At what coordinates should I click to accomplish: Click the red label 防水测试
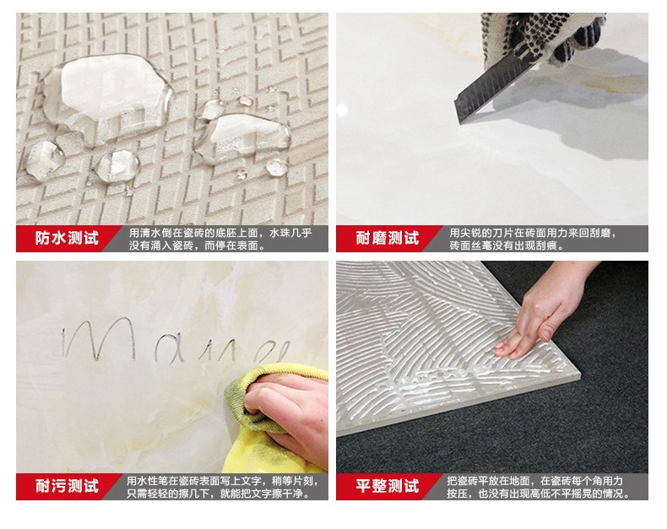coord(67,239)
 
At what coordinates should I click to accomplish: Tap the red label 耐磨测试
coord(387,239)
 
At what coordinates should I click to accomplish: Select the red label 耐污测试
coord(67,487)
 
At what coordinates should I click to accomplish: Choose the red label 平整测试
coord(387,487)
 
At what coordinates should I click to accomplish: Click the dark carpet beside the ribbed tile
coord(591,422)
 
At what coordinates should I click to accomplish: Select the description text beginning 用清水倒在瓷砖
coord(220,233)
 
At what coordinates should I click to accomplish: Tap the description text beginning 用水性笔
coord(221,480)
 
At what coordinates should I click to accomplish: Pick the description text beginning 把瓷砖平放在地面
coord(540,480)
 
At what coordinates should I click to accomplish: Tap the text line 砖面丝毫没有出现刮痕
coord(507,246)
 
